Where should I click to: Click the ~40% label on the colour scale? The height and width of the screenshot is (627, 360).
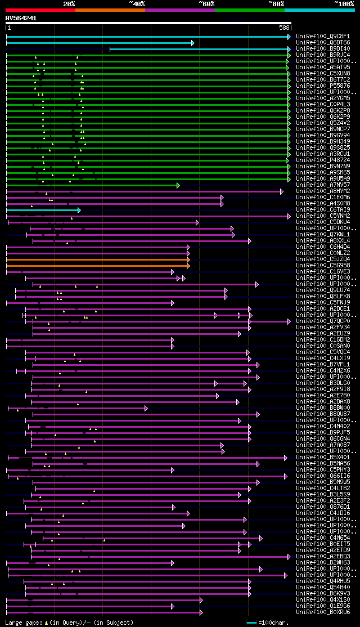point(137,3)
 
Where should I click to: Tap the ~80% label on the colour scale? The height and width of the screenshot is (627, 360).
point(276,3)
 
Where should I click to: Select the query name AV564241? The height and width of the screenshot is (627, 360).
point(21,18)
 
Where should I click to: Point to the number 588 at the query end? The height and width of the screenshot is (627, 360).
point(284,28)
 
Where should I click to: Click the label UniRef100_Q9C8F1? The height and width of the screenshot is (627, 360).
point(323,37)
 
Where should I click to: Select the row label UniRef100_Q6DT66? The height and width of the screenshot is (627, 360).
point(323,43)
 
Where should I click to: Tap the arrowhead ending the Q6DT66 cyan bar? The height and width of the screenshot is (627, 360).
point(192,43)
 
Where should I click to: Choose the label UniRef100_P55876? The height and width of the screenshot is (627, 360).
point(323,86)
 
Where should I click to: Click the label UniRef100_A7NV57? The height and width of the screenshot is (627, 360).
point(323,185)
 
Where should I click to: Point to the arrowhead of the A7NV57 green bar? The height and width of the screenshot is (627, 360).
point(178,185)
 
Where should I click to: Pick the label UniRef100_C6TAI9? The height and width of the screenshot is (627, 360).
point(323,210)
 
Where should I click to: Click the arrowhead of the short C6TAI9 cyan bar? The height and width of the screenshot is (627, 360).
point(79,210)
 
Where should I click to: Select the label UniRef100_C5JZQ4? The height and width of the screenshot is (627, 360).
point(323,259)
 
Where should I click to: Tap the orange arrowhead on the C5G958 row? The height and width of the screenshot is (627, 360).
point(188,266)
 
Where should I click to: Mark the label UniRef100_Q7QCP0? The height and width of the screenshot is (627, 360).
point(323,321)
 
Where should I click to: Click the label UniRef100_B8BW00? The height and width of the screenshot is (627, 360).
point(323,408)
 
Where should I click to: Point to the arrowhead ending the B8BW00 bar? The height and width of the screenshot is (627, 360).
point(146,408)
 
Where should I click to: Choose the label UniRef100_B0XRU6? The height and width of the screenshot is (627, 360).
point(323,612)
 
